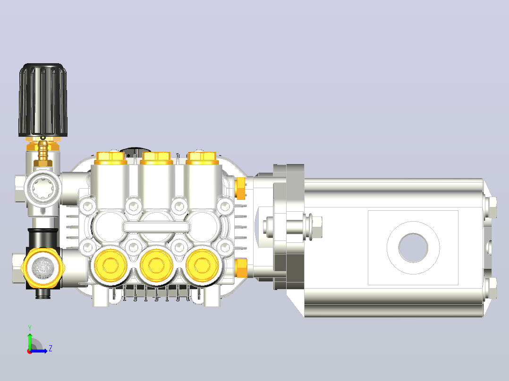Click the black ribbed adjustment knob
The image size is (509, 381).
pos(43,100)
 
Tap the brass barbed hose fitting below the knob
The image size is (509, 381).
pos(43,151)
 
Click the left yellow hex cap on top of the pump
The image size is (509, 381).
pos(111,158)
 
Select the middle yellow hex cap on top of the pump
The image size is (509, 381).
pos(156,158)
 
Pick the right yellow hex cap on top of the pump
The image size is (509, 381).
pos(202,158)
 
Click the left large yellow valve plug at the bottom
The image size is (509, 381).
pos(110,265)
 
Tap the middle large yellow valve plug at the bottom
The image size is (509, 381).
pos(156,265)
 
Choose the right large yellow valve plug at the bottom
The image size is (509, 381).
pos(202,265)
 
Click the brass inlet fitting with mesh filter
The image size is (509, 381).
pos(42,268)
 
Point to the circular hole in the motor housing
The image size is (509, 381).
pos(413,248)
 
